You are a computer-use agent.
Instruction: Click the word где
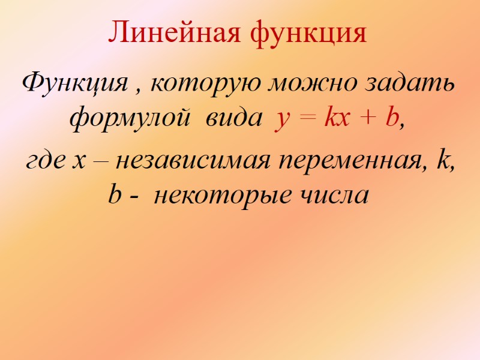tap(44, 163)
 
